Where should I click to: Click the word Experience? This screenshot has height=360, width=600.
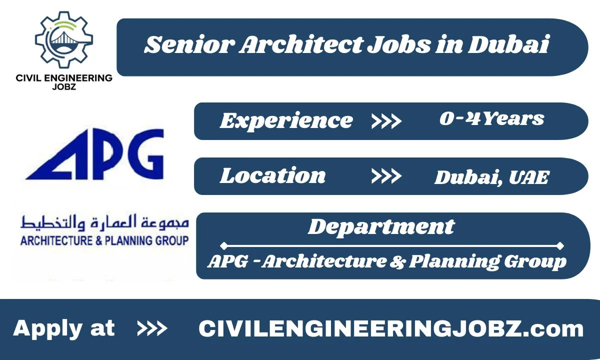[x=286, y=120]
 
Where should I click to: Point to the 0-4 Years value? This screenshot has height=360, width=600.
[x=491, y=119]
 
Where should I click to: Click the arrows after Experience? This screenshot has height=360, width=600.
[x=386, y=121]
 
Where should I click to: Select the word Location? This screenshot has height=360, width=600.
[x=273, y=175]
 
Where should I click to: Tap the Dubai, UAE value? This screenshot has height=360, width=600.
[x=492, y=177]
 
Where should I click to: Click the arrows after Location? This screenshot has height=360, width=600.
[x=386, y=176]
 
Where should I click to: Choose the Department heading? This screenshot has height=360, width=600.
[x=381, y=226]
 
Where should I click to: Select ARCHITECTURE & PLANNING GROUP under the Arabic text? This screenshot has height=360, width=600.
[x=104, y=240]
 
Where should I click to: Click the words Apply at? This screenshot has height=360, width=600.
[x=64, y=328]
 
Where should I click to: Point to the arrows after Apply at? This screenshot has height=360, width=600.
[x=152, y=329]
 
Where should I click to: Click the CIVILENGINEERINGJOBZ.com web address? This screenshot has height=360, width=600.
[x=391, y=329]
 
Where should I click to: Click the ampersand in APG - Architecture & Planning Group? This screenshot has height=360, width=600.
[x=398, y=261]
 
